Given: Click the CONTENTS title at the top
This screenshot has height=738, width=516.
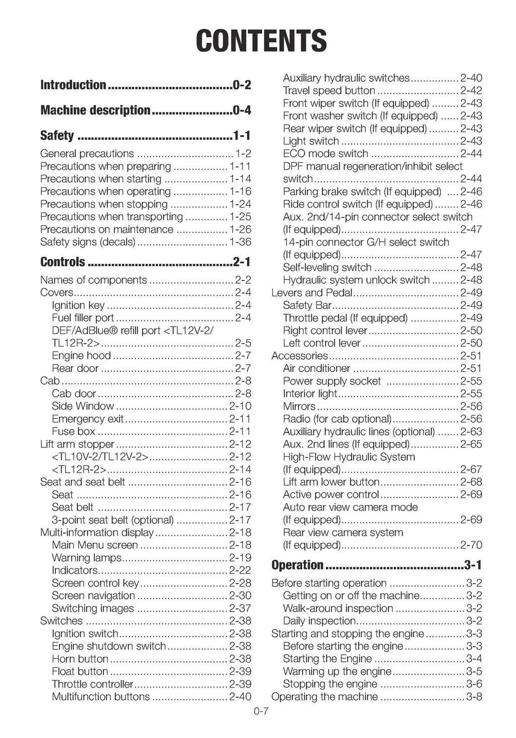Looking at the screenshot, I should tap(261, 40).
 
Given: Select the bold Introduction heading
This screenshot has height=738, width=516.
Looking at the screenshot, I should tap(73, 85).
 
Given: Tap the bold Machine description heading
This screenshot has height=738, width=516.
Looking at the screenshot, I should tap(95, 110).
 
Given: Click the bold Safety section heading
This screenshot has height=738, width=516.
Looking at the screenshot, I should tap(57, 135).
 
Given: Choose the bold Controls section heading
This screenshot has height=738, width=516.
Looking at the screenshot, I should tap(62, 262).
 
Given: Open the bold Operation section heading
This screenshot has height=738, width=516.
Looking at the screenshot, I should tap(297, 565).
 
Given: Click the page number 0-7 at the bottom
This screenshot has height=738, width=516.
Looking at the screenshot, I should tap(262, 712).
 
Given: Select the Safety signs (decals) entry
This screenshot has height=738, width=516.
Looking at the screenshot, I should tap(88, 242).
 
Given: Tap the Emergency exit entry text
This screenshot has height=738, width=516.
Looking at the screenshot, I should tap(88, 419).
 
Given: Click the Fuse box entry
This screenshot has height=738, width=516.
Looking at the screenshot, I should tap(74, 431).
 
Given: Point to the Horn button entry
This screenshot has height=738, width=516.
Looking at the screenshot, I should tap(80, 659).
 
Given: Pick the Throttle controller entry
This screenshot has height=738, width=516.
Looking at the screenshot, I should tap(93, 684).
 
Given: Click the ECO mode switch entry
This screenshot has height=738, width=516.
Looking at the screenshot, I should tap(326, 153).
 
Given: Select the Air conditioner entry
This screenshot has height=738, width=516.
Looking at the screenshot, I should tap(316, 368).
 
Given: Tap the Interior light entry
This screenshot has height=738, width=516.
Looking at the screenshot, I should tap(310, 393).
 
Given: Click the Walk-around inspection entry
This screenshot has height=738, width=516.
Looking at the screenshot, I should tap(338, 608).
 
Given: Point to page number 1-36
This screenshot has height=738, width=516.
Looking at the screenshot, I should tap(240, 242).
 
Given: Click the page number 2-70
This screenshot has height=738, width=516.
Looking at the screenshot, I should tap(471, 545).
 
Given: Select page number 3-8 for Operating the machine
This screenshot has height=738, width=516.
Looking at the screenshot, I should tap(474, 697).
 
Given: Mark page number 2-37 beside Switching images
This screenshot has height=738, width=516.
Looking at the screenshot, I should tap(240, 608).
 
